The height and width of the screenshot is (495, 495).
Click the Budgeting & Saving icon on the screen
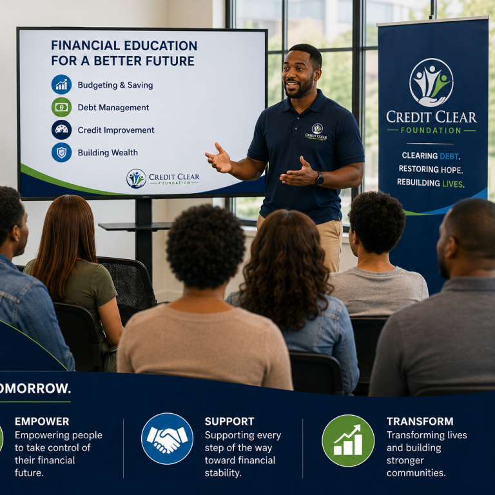point(61,84)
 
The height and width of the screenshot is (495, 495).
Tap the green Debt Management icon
point(61,107)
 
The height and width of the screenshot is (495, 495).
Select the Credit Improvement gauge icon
point(61,130)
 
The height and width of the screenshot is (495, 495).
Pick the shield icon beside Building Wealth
point(61,153)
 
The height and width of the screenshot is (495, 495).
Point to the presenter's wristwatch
point(320,179)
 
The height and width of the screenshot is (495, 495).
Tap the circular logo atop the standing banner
point(431,82)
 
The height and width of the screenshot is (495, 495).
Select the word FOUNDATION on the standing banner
point(431,130)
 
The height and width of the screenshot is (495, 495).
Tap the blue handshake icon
point(167,438)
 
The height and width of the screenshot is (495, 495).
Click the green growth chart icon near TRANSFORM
point(348,440)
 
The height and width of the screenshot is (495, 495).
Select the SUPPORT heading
point(229,422)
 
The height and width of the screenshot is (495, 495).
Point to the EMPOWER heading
point(42,422)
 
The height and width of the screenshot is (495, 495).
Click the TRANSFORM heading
point(420,422)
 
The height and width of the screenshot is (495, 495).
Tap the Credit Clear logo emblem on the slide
point(137,179)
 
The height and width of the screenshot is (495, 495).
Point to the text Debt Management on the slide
point(113,108)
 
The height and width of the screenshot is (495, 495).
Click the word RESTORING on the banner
point(418,170)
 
